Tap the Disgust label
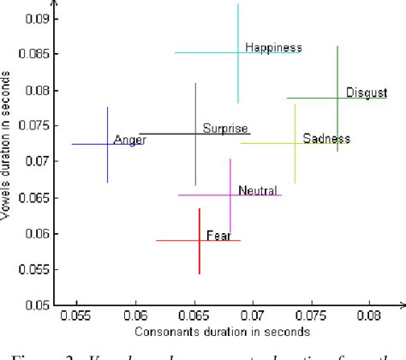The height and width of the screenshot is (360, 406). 367,93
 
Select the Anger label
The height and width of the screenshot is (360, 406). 129,140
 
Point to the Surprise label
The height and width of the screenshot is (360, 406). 224,129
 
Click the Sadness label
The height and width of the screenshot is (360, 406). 326,139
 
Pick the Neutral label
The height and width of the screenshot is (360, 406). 258,190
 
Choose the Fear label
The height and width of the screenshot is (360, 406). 218,235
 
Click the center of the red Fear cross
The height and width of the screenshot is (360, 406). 199,241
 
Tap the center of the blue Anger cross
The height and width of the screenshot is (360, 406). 107,144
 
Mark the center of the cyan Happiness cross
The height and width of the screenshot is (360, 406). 238,52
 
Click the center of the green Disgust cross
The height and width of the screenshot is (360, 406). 337,98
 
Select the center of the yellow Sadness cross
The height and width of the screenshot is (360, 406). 295,143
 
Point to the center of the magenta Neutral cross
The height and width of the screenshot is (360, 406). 230,195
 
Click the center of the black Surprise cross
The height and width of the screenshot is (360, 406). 195,134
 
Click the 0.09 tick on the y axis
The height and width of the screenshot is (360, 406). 37,18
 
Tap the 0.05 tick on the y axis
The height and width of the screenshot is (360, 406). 37,304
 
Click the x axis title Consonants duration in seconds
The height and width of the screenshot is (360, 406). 223,331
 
